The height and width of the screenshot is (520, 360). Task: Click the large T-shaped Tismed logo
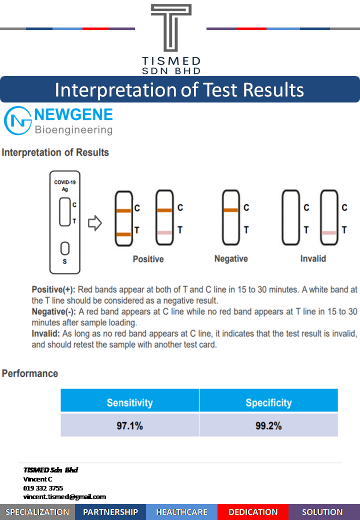click(171, 28)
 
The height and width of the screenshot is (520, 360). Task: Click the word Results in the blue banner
click(273, 90)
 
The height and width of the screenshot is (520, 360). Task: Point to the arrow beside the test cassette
click(95, 223)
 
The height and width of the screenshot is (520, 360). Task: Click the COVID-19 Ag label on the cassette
click(65, 185)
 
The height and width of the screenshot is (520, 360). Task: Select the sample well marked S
click(65, 248)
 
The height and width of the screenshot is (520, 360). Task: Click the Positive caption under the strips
click(148, 259)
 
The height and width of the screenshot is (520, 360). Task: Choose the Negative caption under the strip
click(231, 258)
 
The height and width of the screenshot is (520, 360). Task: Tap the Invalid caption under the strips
click(313, 258)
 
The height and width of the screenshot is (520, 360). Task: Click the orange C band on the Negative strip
click(230, 210)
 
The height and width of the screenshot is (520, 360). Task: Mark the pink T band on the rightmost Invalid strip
click(329, 233)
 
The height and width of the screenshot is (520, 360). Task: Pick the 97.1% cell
click(129, 425)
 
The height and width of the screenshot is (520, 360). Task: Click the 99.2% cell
click(268, 425)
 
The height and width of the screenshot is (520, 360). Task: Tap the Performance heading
click(30, 373)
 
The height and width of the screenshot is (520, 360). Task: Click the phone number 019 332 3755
click(43, 488)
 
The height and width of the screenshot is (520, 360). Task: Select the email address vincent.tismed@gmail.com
click(64, 497)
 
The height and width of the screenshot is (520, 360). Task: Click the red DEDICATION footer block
click(253, 512)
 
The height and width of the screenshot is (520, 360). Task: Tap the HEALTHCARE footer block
click(181, 512)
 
